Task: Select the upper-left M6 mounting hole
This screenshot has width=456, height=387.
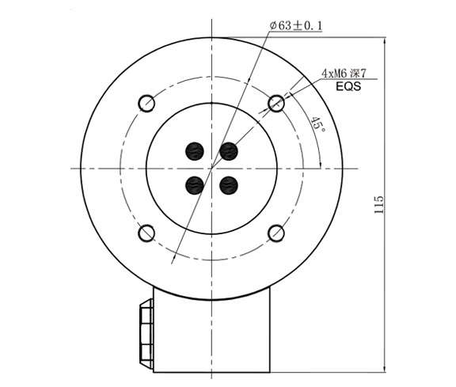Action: pyautogui.click(x=146, y=103)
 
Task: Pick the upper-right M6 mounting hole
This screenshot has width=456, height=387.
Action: pyautogui.click(x=276, y=103)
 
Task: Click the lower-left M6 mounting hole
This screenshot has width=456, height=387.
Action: pyautogui.click(x=146, y=233)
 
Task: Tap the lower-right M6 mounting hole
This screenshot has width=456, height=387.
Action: pyautogui.click(x=276, y=233)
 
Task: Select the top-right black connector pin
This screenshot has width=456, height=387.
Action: pyautogui.click(x=229, y=150)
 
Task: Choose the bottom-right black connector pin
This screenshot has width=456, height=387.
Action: pyautogui.click(x=229, y=186)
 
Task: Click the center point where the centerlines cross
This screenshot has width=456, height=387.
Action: pyautogui.click(x=211, y=168)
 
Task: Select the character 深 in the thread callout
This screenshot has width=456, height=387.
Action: pyautogui.click(x=358, y=73)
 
